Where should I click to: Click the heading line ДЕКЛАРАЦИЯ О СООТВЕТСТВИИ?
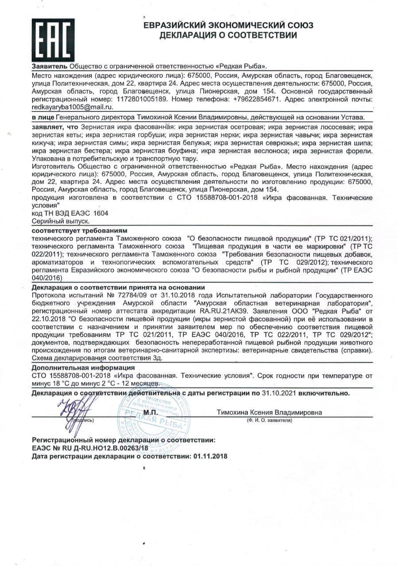click(228, 35)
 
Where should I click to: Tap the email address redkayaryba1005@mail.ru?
click(73, 107)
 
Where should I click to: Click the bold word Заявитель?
click(50, 66)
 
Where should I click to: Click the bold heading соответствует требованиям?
click(80, 231)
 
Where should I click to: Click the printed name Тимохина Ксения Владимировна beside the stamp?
click(269, 413)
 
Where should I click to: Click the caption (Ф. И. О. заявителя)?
click(270, 420)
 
